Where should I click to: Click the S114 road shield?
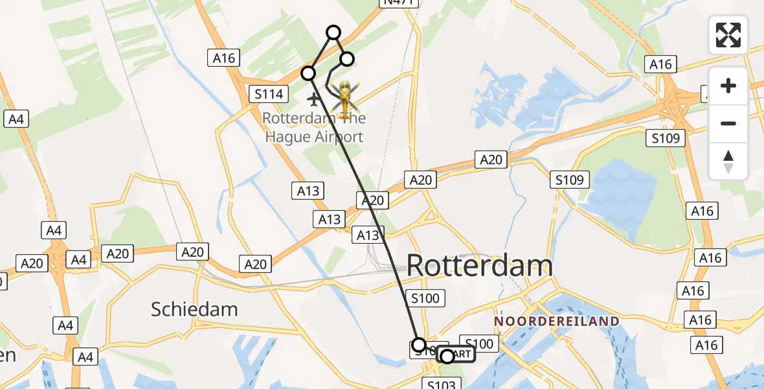click(269, 95)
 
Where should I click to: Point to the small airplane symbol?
click(314, 99)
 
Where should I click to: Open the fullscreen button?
click(728, 34)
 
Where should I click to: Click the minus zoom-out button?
click(728, 123)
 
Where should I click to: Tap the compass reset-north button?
click(728, 161)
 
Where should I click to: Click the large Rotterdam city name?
click(480, 266)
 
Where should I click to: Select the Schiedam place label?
click(194, 309)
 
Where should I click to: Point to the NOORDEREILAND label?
click(557, 321)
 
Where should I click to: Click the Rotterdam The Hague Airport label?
click(314, 128)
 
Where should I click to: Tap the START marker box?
click(457, 355)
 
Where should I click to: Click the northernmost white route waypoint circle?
click(333, 32)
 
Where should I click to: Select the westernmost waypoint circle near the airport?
click(308, 73)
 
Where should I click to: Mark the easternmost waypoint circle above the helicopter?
click(347, 59)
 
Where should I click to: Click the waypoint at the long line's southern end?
click(419, 344)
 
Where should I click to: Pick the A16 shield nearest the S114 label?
click(223, 58)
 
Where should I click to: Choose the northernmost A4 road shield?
click(16, 119)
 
